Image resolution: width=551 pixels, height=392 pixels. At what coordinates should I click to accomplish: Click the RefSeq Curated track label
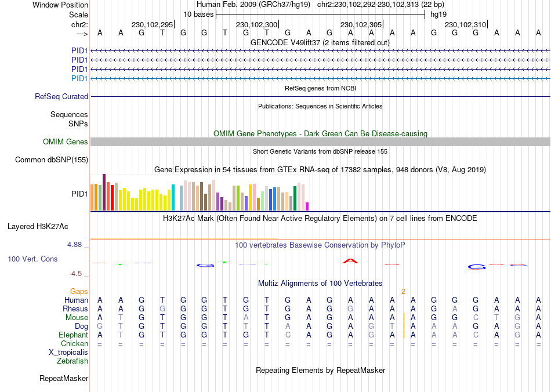(x=61, y=97)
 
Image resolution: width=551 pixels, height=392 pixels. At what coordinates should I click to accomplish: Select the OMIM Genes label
(x=66, y=142)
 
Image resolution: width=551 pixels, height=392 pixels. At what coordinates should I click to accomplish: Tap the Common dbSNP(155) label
(x=52, y=159)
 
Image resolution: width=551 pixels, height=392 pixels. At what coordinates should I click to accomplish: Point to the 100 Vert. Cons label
(x=32, y=259)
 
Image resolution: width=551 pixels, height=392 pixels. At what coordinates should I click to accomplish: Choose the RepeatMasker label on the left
(x=64, y=379)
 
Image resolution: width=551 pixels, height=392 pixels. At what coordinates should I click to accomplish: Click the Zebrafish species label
(x=72, y=361)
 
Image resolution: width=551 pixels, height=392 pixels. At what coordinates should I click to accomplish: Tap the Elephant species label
(x=73, y=335)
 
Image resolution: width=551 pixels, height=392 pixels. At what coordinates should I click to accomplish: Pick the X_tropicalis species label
(x=68, y=353)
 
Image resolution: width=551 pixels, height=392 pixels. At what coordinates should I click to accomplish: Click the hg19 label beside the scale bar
(x=438, y=14)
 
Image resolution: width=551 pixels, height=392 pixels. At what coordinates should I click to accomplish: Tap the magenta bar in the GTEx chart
(x=307, y=206)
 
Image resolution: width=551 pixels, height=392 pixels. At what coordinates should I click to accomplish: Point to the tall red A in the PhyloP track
(x=350, y=261)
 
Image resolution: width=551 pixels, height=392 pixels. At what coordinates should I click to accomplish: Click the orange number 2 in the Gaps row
(x=403, y=291)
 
